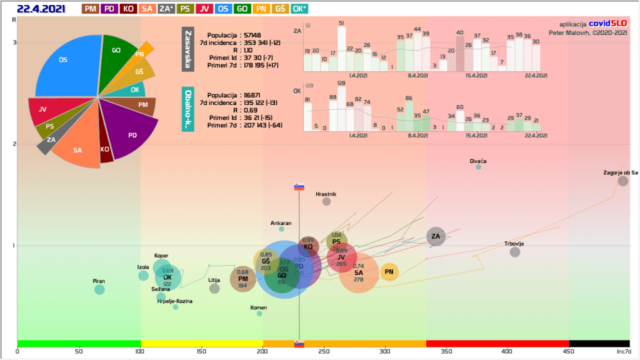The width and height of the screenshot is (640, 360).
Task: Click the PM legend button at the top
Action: [x=91, y=9]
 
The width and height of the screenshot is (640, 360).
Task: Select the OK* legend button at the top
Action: [x=317, y=9]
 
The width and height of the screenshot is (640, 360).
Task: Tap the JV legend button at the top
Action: [x=204, y=9]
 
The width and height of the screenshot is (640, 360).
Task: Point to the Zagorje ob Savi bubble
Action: [x=622, y=181]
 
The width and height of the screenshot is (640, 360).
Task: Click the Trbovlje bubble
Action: [x=515, y=252]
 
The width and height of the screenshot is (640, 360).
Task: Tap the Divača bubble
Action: [x=479, y=167]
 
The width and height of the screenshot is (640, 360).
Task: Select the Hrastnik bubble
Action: [x=326, y=201]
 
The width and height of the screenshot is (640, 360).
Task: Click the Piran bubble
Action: [x=99, y=289]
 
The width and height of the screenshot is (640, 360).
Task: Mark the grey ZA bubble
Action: [x=436, y=236]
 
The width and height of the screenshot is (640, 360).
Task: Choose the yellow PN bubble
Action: [x=389, y=272]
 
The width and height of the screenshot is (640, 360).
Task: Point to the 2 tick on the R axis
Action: [x=14, y=144]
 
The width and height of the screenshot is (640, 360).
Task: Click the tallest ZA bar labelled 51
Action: [x=341, y=49]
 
